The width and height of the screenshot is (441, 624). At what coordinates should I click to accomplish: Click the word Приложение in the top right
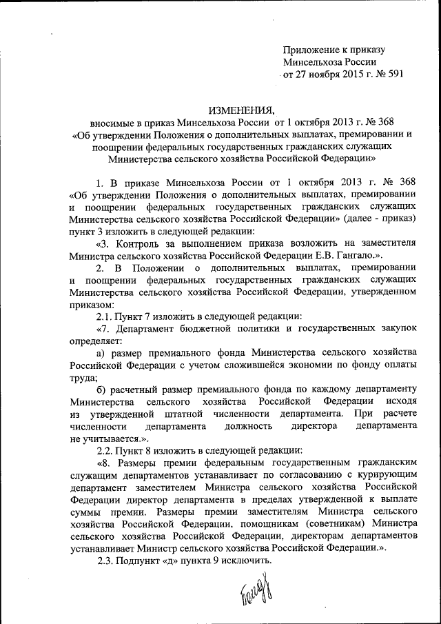pos(311,50)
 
